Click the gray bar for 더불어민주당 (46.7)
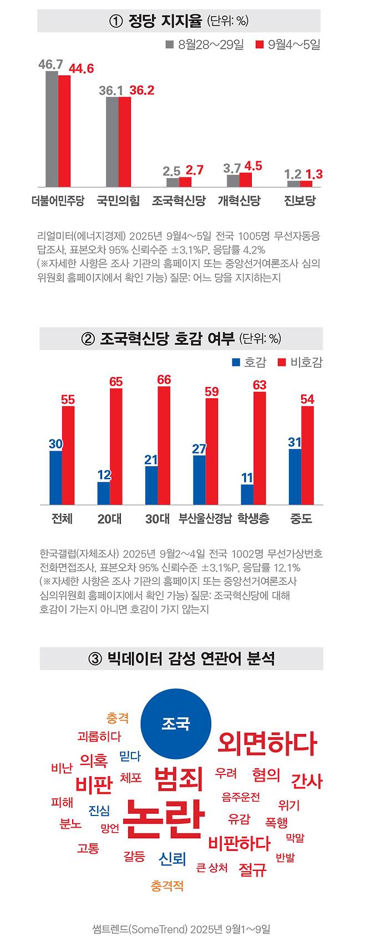point(52,129)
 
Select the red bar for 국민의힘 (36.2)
point(124,142)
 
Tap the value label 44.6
point(81,69)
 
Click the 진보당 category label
point(300,201)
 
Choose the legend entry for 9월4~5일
point(288,45)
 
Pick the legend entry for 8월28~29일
point(205,45)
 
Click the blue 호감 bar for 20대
point(104,493)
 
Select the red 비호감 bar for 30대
point(164,445)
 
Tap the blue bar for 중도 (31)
point(295,477)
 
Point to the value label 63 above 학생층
point(260,384)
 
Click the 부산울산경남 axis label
point(205,519)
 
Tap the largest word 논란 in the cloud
point(163,819)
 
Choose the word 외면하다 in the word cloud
point(267,743)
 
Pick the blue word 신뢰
point(172,859)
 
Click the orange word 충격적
point(167,886)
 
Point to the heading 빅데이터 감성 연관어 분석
point(181,659)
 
